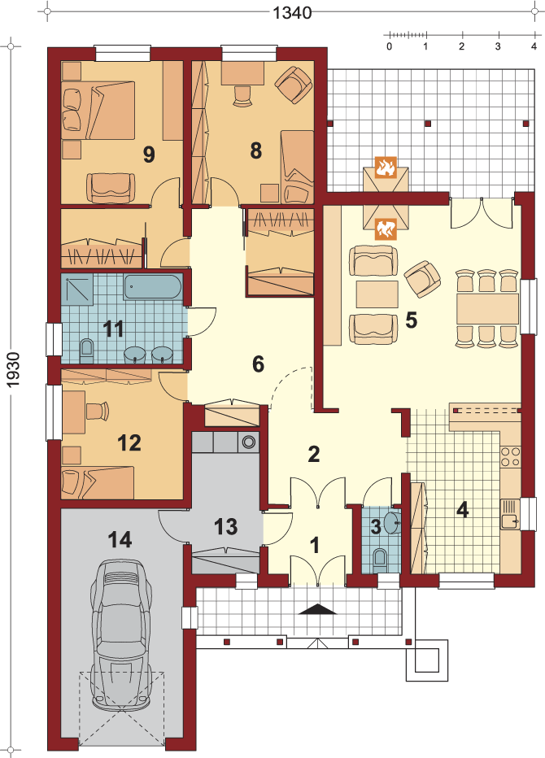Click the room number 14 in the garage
pyautogui.click(x=120, y=539)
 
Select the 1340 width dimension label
pyautogui.click(x=292, y=12)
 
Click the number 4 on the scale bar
pyautogui.click(x=534, y=47)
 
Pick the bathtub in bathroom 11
pyautogui.click(x=153, y=287)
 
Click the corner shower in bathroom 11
pyautogui.click(x=77, y=289)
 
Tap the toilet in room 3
pyautogui.click(x=381, y=557)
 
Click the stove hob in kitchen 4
pyautogui.click(x=510, y=456)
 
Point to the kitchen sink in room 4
pyautogui.click(x=510, y=514)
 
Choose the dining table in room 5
pyautogui.click(x=487, y=309)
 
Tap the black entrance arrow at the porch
pyautogui.click(x=317, y=610)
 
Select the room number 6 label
pyautogui.click(x=258, y=364)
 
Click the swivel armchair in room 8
pyautogui.click(x=293, y=84)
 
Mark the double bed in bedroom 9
pyautogui.click(x=98, y=111)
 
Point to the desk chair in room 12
pyautogui.click(x=97, y=411)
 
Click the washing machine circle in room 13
pyautogui.click(x=249, y=442)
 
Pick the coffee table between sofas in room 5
pyautogui.click(x=377, y=294)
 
